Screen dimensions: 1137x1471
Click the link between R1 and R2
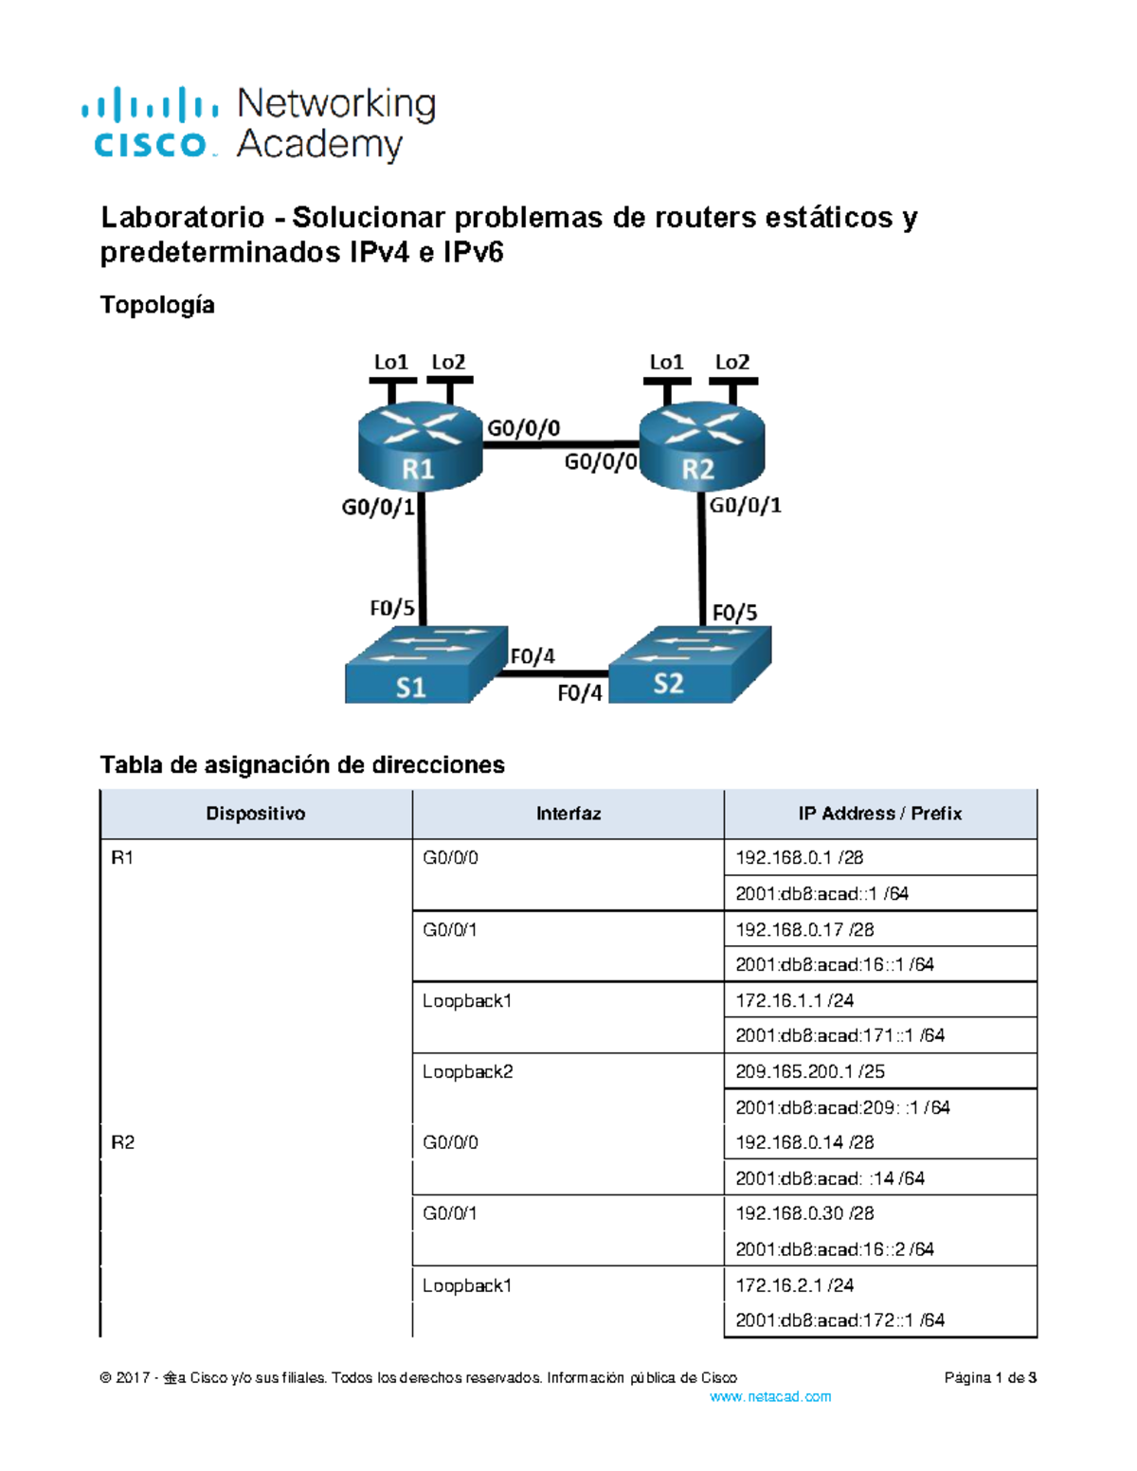pos(561,443)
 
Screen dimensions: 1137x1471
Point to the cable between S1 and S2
pos(553,673)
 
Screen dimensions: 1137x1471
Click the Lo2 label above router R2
pos(731,362)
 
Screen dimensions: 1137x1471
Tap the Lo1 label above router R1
pos(390,362)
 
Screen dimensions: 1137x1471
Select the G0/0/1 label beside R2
pos(746,505)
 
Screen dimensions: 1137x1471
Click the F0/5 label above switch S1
pos(392,607)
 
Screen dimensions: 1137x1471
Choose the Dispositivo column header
pos(256,814)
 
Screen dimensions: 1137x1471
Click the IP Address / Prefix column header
pos(879,814)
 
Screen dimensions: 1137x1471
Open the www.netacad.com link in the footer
pos(770,1396)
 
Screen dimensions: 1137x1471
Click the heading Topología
pos(157,305)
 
